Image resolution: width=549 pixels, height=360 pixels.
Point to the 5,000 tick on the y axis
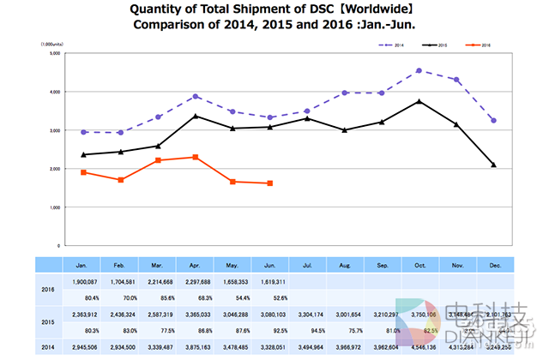pyautogui.click(x=53, y=53)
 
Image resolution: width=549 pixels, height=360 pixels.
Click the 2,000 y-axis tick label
pyautogui.click(x=53, y=169)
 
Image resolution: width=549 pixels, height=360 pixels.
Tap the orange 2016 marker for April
pyautogui.click(x=196, y=157)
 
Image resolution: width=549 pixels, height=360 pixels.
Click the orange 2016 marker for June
pyautogui.click(x=270, y=183)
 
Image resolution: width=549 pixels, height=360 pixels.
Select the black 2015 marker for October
pyautogui.click(x=419, y=101)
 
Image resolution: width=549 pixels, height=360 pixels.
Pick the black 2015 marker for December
pyautogui.click(x=493, y=165)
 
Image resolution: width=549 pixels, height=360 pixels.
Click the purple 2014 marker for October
pyautogui.click(x=419, y=70)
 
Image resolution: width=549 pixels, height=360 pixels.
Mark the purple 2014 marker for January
pyautogui.click(x=83, y=132)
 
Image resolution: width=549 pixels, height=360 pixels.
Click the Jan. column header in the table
pyautogui.click(x=83, y=265)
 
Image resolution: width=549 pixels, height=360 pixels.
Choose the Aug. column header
pyautogui.click(x=345, y=265)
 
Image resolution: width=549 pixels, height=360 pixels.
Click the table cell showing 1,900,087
pyautogui.click(x=83, y=281)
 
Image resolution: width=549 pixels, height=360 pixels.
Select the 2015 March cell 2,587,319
pyautogui.click(x=158, y=315)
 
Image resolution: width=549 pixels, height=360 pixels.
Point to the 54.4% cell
pyautogui.click(x=232, y=297)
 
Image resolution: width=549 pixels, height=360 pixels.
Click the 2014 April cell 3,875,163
pyautogui.click(x=196, y=348)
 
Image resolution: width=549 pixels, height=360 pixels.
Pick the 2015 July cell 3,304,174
pyautogui.click(x=307, y=315)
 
